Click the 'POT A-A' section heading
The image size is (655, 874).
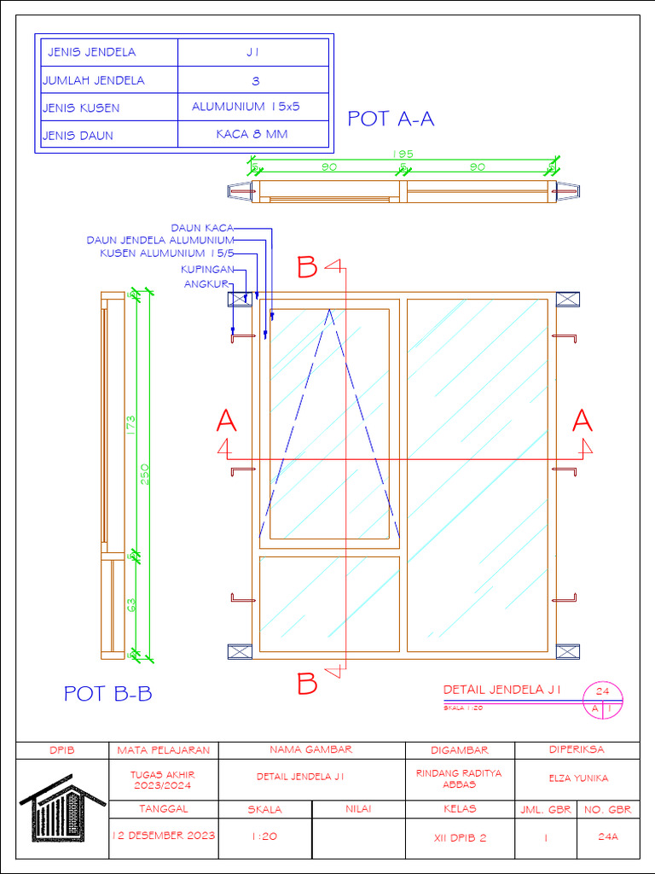pos(391,119)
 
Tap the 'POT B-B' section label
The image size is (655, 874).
pos(108,694)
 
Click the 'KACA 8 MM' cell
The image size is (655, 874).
pos(252,135)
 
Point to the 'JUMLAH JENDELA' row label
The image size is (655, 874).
pos(94,81)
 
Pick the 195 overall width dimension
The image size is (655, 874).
pos(403,154)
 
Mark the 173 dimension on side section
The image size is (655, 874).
pos(131,424)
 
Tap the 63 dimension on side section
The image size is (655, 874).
pos(131,605)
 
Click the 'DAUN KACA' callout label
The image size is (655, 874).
pos(202,228)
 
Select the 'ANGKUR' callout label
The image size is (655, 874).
pos(208,284)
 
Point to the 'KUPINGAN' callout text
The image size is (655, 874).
pos(207,270)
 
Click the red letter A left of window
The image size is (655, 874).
pos(226,421)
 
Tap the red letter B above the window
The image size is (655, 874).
pos(307,268)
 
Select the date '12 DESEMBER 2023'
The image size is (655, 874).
pos(163,836)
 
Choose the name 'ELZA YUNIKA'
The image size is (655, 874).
pos(577,778)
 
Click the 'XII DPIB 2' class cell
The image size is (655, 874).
pos(460,837)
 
